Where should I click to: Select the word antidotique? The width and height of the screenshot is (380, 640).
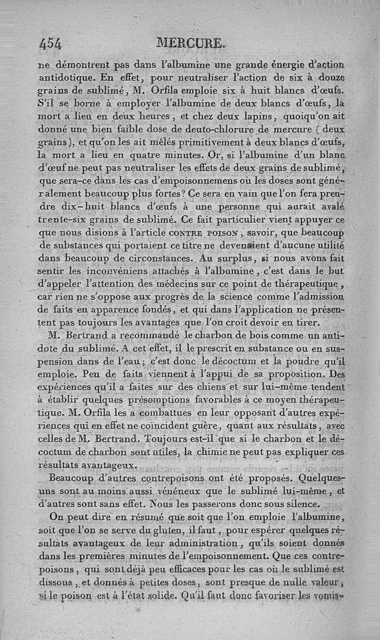coord(66,77)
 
